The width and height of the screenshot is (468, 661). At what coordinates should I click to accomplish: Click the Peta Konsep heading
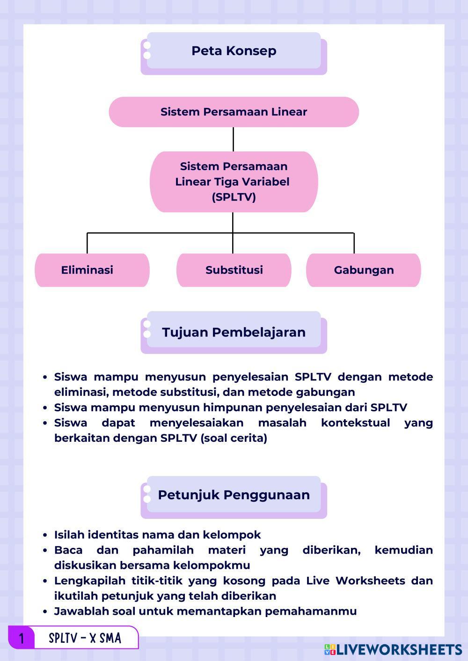[x=234, y=51]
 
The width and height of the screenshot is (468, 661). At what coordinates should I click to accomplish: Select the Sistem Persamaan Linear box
[x=234, y=112]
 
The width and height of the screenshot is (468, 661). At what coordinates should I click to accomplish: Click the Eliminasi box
[x=88, y=270]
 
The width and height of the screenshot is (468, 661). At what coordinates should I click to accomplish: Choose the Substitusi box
[x=234, y=270]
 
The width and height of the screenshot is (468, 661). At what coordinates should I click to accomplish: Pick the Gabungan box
[x=364, y=270]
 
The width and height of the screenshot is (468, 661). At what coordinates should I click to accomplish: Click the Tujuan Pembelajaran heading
[x=234, y=332]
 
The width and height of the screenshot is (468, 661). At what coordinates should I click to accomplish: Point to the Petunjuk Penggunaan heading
[x=234, y=495]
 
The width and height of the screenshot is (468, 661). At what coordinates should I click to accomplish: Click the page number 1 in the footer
[x=21, y=638]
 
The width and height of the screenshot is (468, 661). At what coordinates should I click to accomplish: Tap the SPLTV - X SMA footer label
[x=85, y=638]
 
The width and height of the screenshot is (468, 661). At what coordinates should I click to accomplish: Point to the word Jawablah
[x=78, y=611]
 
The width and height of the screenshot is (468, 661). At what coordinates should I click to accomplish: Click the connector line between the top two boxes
[x=233, y=139]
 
